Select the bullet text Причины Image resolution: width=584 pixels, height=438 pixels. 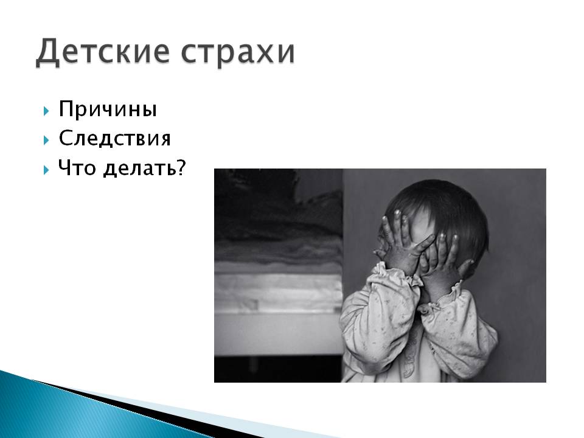[108, 109]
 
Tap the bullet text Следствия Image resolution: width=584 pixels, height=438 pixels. [115, 138]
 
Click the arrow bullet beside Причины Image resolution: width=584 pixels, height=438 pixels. [46, 111]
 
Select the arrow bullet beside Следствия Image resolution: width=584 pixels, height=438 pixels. [46, 140]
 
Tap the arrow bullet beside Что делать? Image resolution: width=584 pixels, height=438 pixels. [46, 170]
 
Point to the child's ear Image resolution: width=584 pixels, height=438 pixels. [470, 265]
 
